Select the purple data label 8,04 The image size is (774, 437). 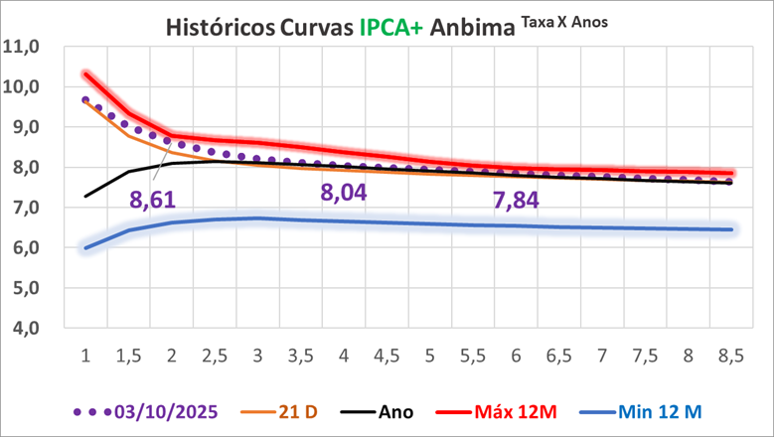[x=343, y=192]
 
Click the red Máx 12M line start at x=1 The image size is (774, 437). [x=85, y=73]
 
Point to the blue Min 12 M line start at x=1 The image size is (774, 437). [x=85, y=247]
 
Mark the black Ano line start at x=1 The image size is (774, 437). [x=85, y=196]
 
